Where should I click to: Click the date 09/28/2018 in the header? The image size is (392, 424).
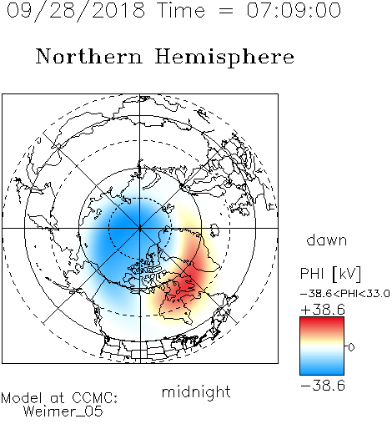pyautogui.click(x=76, y=11)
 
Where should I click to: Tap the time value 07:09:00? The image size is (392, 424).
pyautogui.click(x=294, y=10)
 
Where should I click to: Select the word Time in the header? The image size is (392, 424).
pyautogui.click(x=181, y=10)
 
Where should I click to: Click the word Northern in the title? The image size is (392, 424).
pyautogui.click(x=89, y=56)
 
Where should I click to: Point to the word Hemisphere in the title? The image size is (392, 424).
pyautogui.click(x=224, y=58)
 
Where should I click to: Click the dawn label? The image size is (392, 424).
pyautogui.click(x=327, y=240)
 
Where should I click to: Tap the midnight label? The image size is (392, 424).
pyautogui.click(x=196, y=391)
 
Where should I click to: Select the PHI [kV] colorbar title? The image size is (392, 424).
pyautogui.click(x=330, y=274)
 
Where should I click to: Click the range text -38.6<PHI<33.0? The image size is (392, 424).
pyautogui.click(x=345, y=294)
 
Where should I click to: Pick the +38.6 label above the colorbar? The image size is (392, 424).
pyautogui.click(x=323, y=310)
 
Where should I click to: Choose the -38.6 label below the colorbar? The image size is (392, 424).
pyautogui.click(x=323, y=386)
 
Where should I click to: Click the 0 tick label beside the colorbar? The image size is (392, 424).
pyautogui.click(x=351, y=347)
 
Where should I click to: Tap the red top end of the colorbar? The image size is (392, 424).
pyautogui.click(x=322, y=320)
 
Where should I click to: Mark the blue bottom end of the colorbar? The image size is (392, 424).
pyautogui.click(x=322, y=372)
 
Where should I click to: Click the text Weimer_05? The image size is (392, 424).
pyautogui.click(x=63, y=411)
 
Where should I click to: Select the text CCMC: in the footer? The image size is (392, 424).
pyautogui.click(x=95, y=398)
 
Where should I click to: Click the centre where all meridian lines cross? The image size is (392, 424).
pyautogui.click(x=140, y=228)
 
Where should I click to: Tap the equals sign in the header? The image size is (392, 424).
pyautogui.click(x=226, y=11)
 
